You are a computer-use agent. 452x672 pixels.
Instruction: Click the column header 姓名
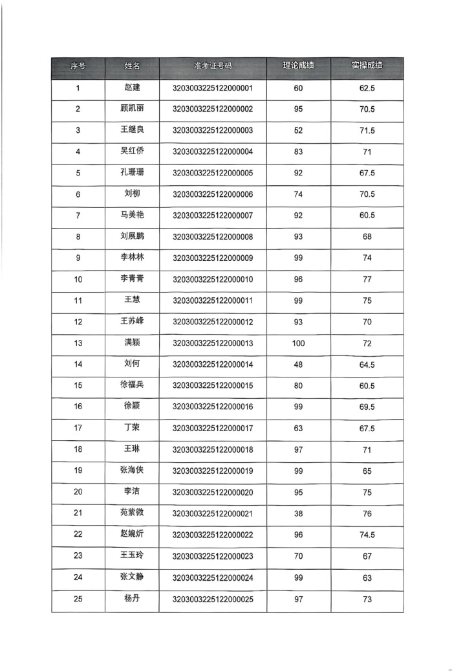(132, 67)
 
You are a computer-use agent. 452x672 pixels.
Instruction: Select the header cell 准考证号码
(212, 67)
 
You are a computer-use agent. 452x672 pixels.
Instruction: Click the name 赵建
(132, 88)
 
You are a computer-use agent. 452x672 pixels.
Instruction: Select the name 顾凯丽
(132, 109)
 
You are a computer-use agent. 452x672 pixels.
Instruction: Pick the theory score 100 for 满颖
(298, 343)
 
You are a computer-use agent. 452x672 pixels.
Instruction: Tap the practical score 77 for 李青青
(367, 280)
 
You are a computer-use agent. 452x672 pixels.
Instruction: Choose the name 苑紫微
(132, 513)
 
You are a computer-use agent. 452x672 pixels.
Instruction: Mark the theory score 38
(298, 513)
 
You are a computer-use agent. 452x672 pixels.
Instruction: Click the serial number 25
(78, 599)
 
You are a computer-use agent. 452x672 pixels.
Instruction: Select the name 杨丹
(132, 598)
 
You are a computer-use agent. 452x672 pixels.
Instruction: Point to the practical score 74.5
(367, 535)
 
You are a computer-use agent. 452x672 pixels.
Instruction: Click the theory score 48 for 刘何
(298, 364)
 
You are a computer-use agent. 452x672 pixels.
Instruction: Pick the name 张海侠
(132, 471)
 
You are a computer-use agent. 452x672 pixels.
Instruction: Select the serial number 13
(78, 343)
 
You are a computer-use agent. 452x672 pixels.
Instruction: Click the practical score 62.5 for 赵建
(367, 88)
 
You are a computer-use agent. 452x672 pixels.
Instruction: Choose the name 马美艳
(132, 215)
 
